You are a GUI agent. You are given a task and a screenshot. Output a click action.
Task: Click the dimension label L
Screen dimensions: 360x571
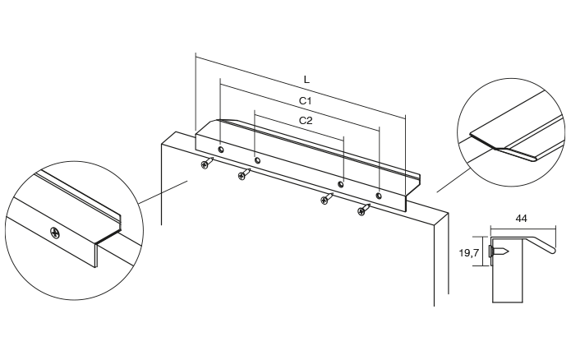click(x=306, y=80)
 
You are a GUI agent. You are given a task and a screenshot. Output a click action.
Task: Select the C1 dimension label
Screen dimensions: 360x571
click(x=304, y=100)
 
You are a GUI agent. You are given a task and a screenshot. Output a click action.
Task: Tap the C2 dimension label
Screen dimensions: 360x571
click(x=306, y=120)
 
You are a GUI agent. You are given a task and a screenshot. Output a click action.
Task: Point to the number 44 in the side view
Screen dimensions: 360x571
click(x=520, y=219)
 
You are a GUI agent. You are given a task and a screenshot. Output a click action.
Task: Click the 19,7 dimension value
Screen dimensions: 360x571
click(x=469, y=254)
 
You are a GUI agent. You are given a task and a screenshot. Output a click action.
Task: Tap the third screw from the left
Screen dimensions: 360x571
click(x=327, y=199)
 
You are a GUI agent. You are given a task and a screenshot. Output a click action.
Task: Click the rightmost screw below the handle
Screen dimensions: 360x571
click(x=362, y=210)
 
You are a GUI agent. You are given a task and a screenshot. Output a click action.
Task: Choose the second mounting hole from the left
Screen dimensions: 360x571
click(x=257, y=160)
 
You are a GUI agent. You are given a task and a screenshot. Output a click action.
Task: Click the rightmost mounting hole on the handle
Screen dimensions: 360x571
click(x=378, y=196)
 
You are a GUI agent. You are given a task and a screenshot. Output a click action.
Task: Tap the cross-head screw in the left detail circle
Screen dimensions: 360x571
click(x=55, y=233)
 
